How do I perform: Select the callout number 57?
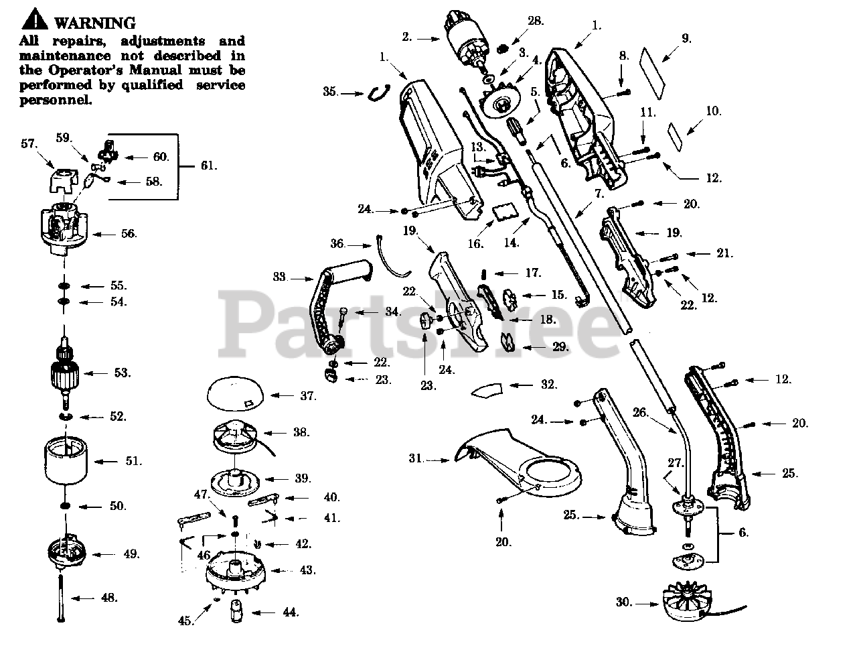(x=28, y=143)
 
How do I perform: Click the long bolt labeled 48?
(x=61, y=597)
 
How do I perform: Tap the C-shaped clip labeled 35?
(x=378, y=93)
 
